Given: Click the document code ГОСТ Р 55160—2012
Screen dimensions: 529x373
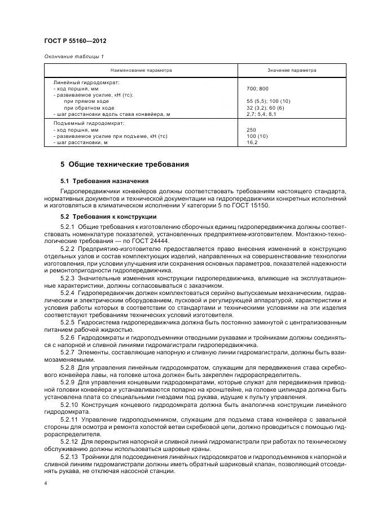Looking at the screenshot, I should [74, 41].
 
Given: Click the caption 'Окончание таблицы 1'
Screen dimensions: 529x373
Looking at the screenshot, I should [73, 56].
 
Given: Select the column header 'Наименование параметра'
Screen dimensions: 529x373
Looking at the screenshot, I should [141, 70].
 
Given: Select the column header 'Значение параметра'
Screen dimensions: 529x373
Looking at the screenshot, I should [291, 70].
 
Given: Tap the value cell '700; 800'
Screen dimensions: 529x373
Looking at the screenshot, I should [258, 89].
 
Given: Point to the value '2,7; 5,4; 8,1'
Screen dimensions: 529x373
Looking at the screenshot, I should [262, 114].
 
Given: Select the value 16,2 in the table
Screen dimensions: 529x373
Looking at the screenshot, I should [252, 142].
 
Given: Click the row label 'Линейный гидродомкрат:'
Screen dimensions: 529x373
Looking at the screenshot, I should [82, 83].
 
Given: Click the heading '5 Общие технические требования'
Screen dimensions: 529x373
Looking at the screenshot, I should [125, 164].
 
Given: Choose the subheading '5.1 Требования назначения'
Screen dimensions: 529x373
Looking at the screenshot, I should [104, 181].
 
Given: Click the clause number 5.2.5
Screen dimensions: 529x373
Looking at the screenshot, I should [68, 322].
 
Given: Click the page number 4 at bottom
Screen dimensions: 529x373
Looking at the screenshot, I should [46, 484].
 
